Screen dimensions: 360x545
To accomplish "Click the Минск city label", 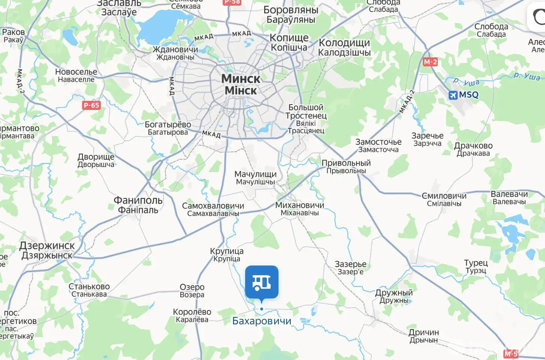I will pos(241,79).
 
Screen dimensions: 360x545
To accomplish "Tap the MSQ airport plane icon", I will pos(453,95).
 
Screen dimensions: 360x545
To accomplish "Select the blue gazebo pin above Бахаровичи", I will pos(262,282).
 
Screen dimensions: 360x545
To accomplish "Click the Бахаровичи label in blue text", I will pos(262,321).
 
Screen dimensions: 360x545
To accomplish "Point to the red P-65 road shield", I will pos(91,105).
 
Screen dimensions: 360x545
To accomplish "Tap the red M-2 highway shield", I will pos(430,62).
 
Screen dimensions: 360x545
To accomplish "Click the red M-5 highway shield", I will pos(511,354).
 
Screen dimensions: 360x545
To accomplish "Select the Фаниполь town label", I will pos(138,201).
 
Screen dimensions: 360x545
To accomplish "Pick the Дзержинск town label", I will pos(47,246).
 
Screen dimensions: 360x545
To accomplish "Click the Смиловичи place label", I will pos(444,196).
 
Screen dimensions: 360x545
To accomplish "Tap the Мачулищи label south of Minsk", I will pos(255,174).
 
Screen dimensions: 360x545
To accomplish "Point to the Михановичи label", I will pos(299,205).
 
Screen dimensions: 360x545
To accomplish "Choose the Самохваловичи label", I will pos(213,206).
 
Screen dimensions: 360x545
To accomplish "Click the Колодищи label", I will pos(344,43).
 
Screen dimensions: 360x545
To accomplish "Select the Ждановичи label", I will pos(175,49).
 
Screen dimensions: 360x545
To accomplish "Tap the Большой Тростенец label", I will pos(306,112).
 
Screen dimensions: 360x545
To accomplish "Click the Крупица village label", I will pos(227,251).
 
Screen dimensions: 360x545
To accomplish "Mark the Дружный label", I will pos(394,293).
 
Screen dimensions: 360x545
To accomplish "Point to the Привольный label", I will pos(346,163).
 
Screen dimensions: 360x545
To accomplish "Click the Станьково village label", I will pos(89,287).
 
